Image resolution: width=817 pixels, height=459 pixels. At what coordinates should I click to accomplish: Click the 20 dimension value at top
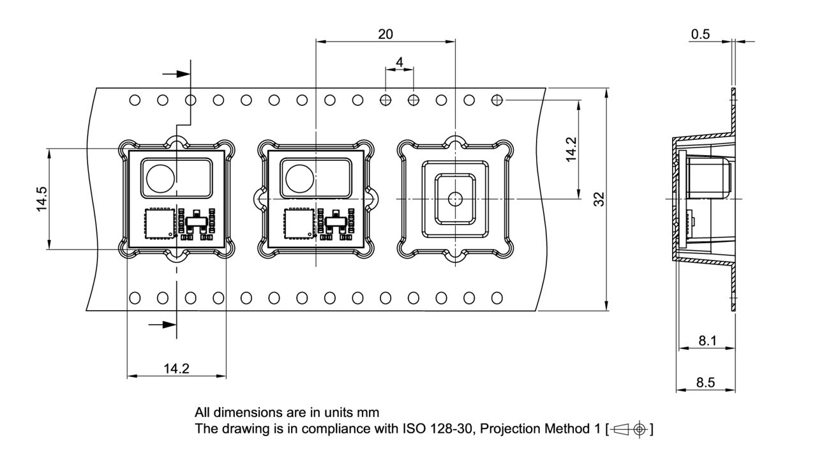385,34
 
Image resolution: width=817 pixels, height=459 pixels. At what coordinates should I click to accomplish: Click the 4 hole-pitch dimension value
400,62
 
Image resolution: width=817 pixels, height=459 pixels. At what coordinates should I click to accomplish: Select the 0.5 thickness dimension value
700,34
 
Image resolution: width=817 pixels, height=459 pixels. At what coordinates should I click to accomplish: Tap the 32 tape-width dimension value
599,199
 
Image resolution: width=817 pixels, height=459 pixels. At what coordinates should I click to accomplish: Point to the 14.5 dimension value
41,199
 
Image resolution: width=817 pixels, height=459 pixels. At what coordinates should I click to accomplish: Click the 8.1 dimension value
707,340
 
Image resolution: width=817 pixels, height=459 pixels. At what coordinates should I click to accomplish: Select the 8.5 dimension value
705,382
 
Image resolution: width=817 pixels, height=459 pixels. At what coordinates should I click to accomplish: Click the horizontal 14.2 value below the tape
176,368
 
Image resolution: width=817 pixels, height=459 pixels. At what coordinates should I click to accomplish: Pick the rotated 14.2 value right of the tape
571,149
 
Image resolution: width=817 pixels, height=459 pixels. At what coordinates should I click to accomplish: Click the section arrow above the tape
177,74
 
